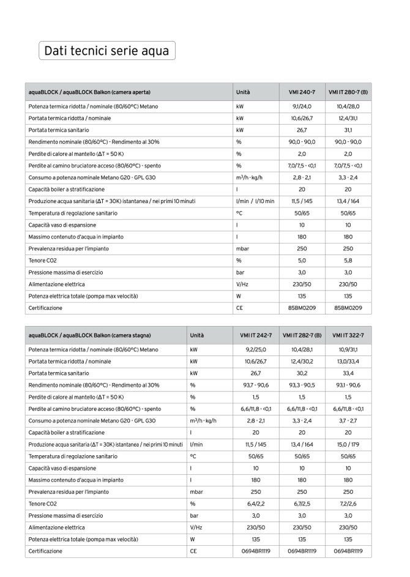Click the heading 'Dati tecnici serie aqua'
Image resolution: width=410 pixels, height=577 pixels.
pyautogui.click(x=106, y=51)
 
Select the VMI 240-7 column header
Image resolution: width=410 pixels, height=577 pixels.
pyautogui.click(x=302, y=92)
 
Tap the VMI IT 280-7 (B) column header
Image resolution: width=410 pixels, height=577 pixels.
pyautogui.click(x=348, y=92)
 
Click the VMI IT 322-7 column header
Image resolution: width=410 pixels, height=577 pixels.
pyautogui.click(x=348, y=336)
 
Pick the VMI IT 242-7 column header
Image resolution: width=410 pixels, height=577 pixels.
pyautogui.click(x=256, y=336)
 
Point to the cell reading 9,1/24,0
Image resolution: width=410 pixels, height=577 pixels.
pyautogui.click(x=302, y=106)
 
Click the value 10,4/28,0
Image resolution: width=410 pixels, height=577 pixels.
pyautogui.click(x=348, y=106)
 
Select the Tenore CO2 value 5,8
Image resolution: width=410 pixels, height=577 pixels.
pyautogui.click(x=348, y=260)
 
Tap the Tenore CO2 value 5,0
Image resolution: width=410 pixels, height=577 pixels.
pyautogui.click(x=302, y=260)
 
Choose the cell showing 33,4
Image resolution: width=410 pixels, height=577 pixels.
pyautogui.click(x=348, y=373)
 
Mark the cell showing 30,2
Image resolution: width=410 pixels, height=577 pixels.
pyautogui.click(x=302, y=373)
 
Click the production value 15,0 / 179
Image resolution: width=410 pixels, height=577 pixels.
pyautogui.click(x=348, y=444)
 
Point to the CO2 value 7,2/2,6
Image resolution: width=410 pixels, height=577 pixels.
pyautogui.click(x=348, y=504)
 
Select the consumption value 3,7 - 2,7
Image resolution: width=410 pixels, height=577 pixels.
pyautogui.click(x=348, y=421)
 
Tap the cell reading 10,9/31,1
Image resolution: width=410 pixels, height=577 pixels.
pyautogui.click(x=348, y=349)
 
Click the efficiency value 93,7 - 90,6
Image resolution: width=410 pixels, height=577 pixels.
pyautogui.click(x=256, y=385)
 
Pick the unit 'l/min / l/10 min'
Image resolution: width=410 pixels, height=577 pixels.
pyautogui.click(x=255, y=201)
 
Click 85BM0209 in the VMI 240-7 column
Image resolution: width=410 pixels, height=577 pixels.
pyautogui.click(x=302, y=308)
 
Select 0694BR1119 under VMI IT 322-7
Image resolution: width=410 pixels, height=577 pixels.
pyautogui.click(x=348, y=551)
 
